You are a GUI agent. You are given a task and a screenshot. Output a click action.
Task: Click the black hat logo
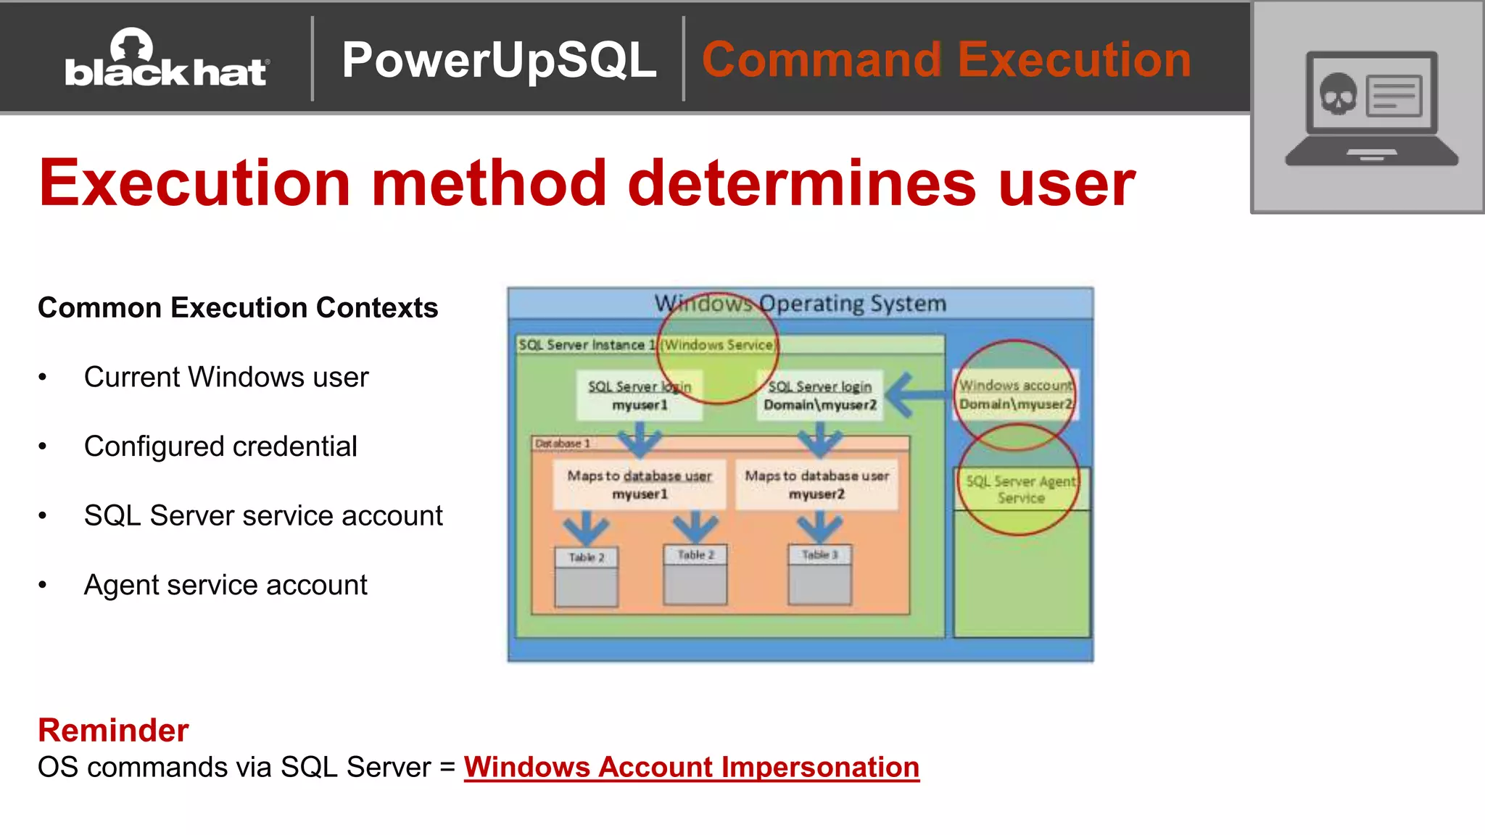pos(167,59)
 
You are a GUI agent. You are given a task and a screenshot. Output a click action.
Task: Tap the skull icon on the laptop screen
pos(1338,95)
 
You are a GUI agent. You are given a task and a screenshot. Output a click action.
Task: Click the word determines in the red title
pos(802,183)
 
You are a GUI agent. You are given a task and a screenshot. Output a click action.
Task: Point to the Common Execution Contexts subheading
pos(238,308)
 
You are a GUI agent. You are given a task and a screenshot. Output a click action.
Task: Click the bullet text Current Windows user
pos(226,378)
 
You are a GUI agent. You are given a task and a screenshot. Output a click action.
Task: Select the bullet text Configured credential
pos(220,446)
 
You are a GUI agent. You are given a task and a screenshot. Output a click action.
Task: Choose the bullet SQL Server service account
pos(263,516)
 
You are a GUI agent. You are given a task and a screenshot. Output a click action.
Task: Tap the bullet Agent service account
pos(226,585)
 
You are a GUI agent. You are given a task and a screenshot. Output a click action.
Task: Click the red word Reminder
pos(113,730)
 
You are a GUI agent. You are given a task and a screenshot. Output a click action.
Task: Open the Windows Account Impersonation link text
pos(691,767)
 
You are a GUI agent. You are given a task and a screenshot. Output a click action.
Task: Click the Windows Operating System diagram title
pos(801,303)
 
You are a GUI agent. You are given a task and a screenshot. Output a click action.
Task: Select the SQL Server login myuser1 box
pos(640,395)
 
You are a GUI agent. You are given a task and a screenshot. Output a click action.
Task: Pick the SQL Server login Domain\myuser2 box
pos(820,395)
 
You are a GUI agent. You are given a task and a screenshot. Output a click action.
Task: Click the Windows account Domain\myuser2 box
pos(1015,395)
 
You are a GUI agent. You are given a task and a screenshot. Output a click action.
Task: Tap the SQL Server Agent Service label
pos(1021,489)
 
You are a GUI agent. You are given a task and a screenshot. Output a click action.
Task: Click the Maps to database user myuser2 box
pos(817,484)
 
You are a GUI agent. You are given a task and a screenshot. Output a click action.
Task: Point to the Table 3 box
pos(820,574)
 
